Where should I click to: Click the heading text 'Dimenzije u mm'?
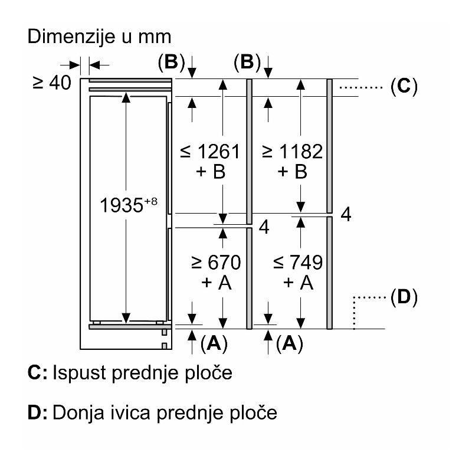tap(99, 37)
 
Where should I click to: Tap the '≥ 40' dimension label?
tap(52, 83)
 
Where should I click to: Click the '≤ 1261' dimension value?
tap(211, 152)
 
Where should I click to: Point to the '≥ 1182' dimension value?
tap(293, 152)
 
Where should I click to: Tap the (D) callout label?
tap(404, 297)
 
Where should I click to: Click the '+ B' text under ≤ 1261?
tap(211, 172)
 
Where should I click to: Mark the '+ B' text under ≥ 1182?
tap(293, 172)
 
